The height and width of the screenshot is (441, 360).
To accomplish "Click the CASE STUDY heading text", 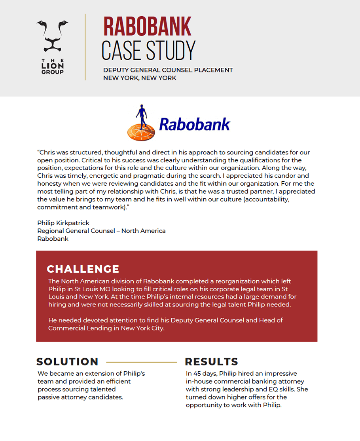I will coord(148,51).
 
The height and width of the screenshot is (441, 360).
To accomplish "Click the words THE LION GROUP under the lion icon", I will coord(52,66).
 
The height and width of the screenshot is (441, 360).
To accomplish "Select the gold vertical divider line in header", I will coord(85,47).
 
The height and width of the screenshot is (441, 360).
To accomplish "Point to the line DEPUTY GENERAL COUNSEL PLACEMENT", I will coord(168,70).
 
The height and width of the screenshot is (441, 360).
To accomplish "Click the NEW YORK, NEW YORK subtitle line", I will coord(140,78).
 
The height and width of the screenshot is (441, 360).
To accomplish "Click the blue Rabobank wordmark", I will coord(194,125).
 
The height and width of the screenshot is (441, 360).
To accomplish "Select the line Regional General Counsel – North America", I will coord(101,231).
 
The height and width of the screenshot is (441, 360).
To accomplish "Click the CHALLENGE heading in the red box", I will coord(83,269).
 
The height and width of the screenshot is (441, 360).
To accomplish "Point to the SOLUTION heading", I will coord(67,362).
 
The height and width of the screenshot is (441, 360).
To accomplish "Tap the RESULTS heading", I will coord(211,362).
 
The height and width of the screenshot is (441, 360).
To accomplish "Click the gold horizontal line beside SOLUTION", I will coord(142,362).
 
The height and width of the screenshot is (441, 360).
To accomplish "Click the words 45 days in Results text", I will coord(205,374).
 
